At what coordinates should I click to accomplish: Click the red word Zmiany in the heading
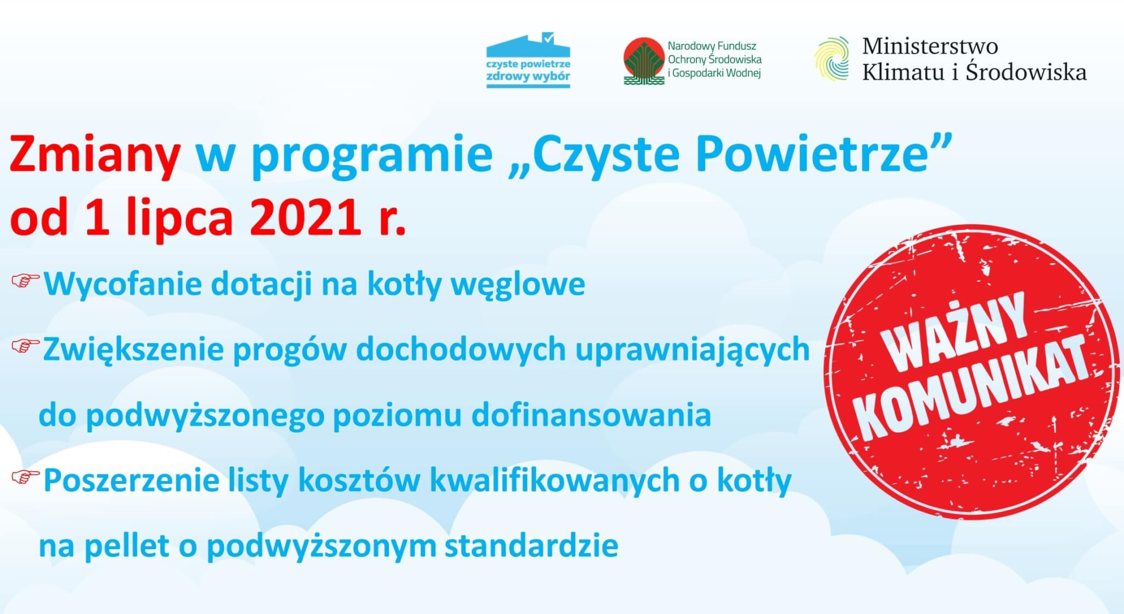coord(95,156)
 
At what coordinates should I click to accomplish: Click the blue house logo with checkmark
coord(528,60)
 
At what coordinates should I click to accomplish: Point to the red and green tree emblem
coord(644,61)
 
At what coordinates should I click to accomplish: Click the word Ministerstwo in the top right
coord(930,46)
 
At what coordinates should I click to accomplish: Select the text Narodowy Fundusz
coord(712,47)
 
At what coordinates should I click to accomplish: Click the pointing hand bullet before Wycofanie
coord(25,281)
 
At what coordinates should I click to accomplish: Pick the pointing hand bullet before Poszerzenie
coord(25,477)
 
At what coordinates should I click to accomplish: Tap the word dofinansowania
coord(591,415)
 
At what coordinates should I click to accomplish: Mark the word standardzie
coord(531,546)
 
